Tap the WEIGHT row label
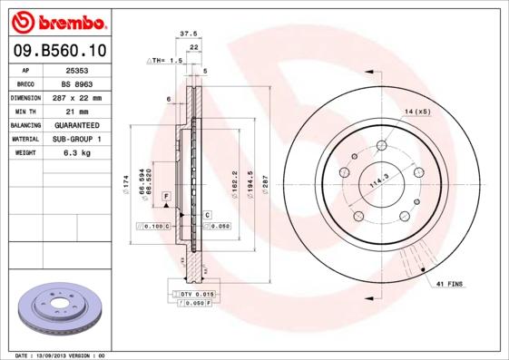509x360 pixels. point(24,153)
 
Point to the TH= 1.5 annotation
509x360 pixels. point(166,59)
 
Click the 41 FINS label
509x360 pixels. point(449,285)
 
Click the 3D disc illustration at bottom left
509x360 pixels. point(62,311)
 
